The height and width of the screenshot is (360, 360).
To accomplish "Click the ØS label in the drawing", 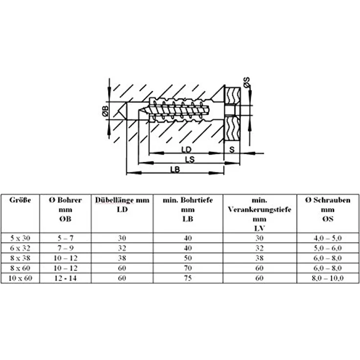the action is tap(247, 83).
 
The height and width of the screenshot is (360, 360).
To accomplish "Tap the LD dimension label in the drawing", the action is tap(186, 150).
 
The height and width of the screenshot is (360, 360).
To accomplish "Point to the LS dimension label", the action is tap(190, 159).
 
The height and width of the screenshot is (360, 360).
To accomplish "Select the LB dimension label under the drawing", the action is tap(175, 169).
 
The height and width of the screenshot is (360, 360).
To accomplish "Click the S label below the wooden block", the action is tap(232, 150).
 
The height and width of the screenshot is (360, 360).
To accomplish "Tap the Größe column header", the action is tap(20, 200).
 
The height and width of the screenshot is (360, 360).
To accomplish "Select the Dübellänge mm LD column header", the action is tap(122, 204).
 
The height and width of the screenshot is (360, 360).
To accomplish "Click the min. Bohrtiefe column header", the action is tap(188, 209).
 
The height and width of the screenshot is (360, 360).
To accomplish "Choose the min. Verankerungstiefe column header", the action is tap(259, 214).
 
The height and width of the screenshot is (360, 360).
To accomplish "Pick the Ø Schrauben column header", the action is tap(328, 209).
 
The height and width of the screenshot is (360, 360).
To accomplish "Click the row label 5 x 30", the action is tap(20, 238).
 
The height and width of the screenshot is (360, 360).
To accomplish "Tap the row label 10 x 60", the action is tap(20, 278).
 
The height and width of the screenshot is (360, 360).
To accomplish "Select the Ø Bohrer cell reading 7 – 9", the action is tap(66, 248).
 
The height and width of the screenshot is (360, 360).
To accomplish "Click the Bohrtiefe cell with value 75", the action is tap(188, 278).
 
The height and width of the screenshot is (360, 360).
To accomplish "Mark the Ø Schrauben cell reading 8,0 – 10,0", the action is tap(328, 278).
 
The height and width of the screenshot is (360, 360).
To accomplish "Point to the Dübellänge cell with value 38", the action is tap(122, 258).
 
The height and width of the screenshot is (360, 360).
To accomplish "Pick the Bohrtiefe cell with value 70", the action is tap(188, 268).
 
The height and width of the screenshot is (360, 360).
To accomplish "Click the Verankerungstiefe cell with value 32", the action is tap(259, 248).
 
